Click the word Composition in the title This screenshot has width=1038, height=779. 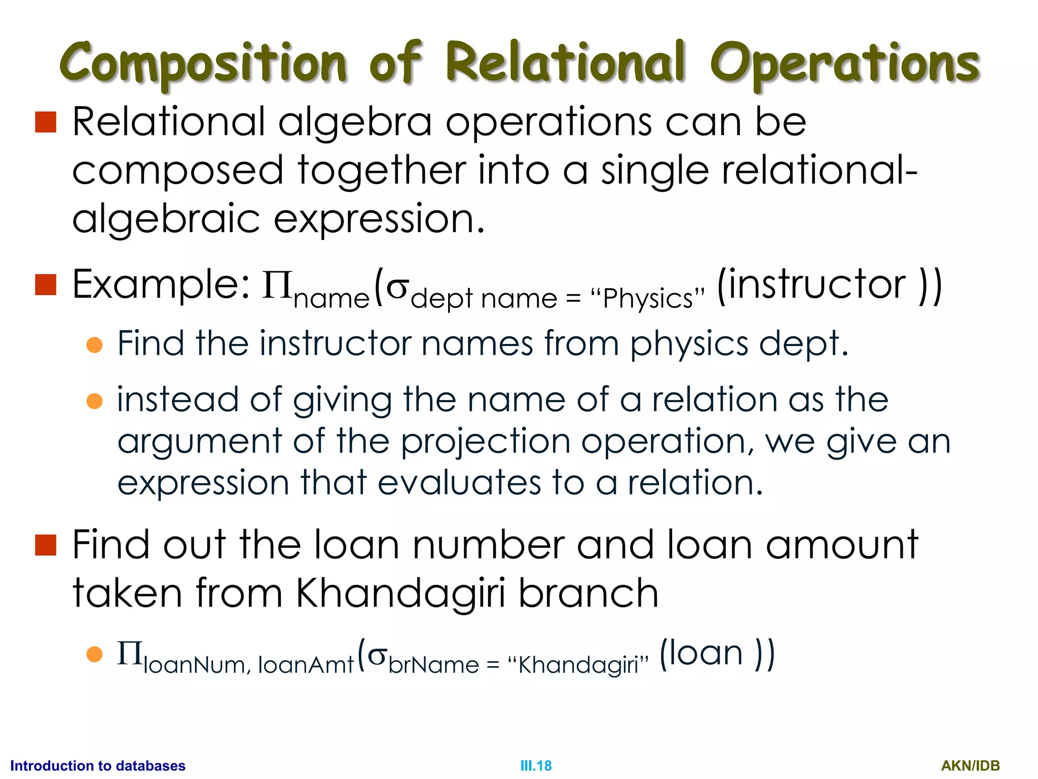coord(203,63)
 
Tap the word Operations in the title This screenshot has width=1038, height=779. coord(844,63)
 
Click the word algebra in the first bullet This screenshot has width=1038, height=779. coord(355,123)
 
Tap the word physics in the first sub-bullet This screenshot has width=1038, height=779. coord(689,344)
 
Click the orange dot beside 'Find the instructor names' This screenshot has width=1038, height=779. coord(95,345)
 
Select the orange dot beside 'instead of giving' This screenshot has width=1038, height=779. coord(95,401)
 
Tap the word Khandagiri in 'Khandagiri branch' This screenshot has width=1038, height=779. coord(400,593)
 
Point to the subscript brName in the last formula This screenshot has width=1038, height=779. coord(433,665)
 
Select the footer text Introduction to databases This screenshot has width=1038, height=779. coord(98,766)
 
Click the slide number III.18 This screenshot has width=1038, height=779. coord(536,766)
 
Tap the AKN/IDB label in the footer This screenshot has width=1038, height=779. coord(970,766)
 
